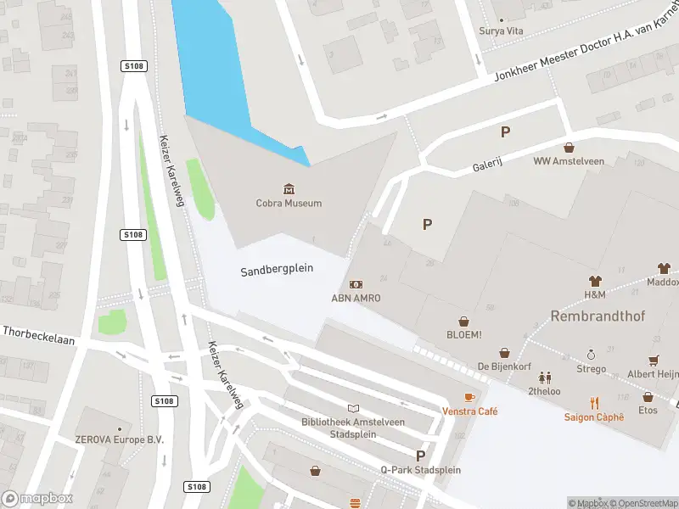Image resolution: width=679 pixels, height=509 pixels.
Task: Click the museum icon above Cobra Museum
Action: pyautogui.click(x=289, y=188)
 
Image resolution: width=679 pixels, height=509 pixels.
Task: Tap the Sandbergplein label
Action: pyautogui.click(x=277, y=269)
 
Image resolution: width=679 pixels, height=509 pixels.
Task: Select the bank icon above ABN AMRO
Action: pyautogui.click(x=356, y=284)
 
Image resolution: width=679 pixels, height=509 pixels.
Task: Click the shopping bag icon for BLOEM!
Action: pyautogui.click(x=464, y=322)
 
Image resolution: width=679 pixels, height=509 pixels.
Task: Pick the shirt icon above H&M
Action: pyautogui.click(x=594, y=281)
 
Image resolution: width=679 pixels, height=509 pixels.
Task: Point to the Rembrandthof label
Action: pyautogui.click(x=598, y=316)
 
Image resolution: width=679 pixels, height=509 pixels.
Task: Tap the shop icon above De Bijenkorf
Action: pyautogui.click(x=504, y=352)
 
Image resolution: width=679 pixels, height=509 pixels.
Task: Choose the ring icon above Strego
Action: pyautogui.click(x=592, y=355)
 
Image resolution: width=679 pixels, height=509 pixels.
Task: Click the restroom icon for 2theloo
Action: pyautogui.click(x=544, y=377)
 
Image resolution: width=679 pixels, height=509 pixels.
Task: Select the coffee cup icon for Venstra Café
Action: pyautogui.click(x=469, y=397)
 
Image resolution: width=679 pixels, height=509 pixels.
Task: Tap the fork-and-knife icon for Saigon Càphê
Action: pyautogui.click(x=594, y=403)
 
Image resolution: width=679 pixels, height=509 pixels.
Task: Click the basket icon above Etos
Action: pyautogui.click(x=648, y=396)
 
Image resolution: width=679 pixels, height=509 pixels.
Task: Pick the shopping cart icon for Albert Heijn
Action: pyautogui.click(x=654, y=361)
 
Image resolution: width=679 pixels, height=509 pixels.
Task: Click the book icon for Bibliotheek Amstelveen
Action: pyautogui.click(x=353, y=409)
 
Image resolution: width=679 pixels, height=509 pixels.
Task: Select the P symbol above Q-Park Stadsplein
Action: pyautogui.click(x=420, y=456)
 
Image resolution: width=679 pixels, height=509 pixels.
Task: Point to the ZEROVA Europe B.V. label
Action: pyautogui.click(x=118, y=440)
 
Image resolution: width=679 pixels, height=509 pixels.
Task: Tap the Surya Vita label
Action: pyautogui.click(x=502, y=31)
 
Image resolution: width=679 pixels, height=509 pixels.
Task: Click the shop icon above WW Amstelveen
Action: pyautogui.click(x=568, y=147)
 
